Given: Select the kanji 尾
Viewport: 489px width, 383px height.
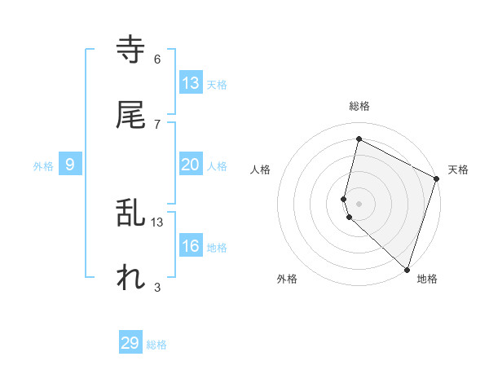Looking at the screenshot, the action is click(x=131, y=114).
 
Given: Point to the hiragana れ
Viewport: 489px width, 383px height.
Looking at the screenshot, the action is click(x=131, y=278).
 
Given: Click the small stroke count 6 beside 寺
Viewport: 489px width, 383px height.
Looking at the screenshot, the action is click(x=157, y=59).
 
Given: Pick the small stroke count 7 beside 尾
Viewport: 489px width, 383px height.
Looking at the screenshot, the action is click(x=157, y=123).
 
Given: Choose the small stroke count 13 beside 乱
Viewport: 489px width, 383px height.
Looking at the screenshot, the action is click(x=157, y=222).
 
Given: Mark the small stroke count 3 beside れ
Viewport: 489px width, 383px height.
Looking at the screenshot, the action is click(x=157, y=287).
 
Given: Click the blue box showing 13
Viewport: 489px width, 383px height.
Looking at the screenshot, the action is click(x=191, y=83).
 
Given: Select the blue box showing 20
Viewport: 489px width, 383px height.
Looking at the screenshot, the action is click(x=191, y=165).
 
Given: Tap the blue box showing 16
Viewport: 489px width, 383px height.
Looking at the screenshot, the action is click(x=191, y=246).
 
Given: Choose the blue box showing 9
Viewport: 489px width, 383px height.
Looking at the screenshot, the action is click(x=70, y=165).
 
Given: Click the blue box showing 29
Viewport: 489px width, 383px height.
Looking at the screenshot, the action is click(x=130, y=343).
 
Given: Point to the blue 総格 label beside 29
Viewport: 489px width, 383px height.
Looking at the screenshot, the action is click(x=156, y=345).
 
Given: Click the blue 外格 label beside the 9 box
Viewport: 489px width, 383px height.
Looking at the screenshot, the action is click(x=43, y=166).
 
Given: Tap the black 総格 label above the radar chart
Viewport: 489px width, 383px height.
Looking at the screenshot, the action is click(x=359, y=106).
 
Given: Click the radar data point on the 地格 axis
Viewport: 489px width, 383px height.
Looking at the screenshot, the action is click(x=407, y=269).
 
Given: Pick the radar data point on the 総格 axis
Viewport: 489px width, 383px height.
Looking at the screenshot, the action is click(x=359, y=139).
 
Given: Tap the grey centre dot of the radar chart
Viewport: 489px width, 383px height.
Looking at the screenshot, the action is click(x=359, y=202).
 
